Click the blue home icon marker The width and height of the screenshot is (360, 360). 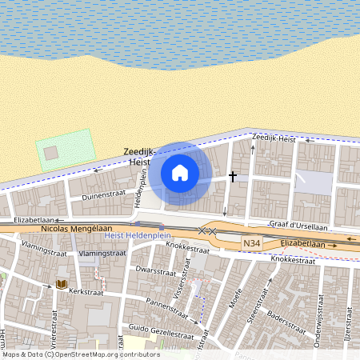pyautogui.click(x=180, y=172)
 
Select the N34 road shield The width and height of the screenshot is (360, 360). pyautogui.click(x=251, y=242)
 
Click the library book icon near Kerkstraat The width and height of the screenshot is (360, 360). pyautogui.click(x=61, y=284)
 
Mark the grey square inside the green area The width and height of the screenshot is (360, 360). pyautogui.click(x=51, y=151)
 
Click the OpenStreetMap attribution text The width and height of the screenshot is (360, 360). pyautogui.click(x=80, y=354)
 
